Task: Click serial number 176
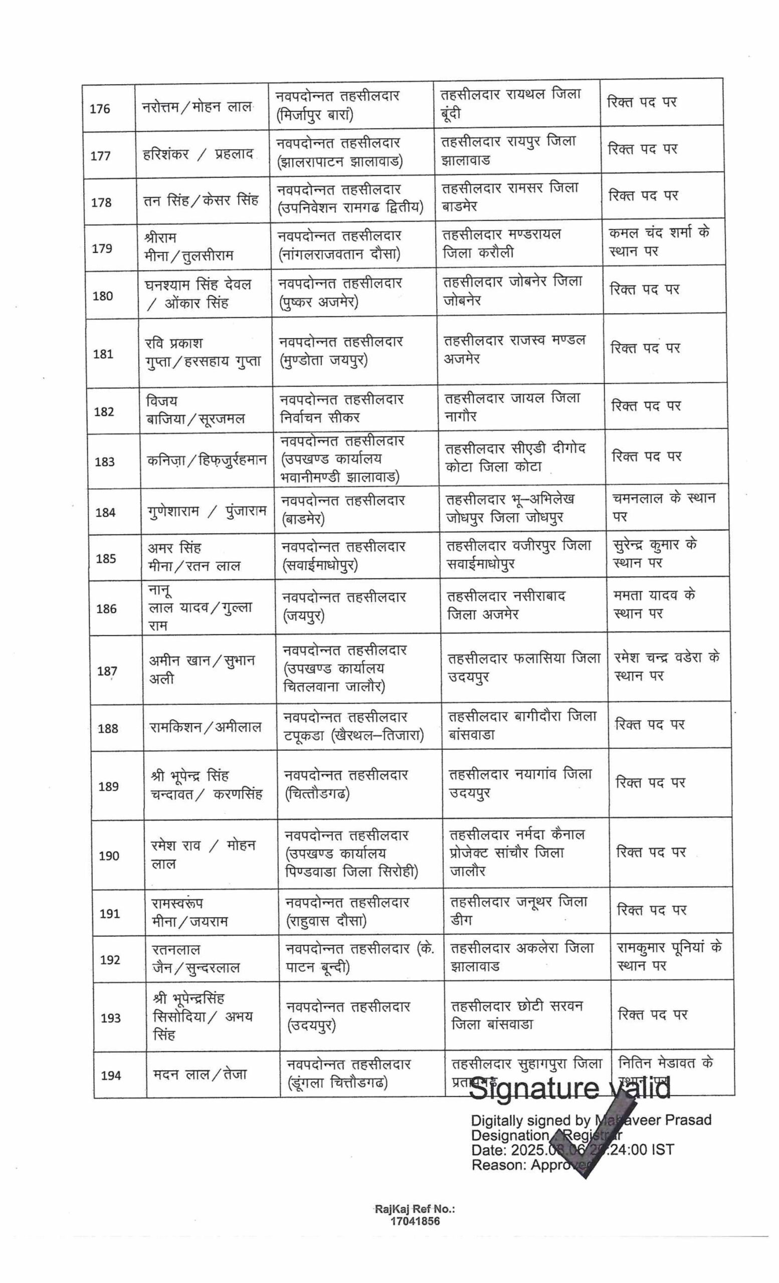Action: click(100, 109)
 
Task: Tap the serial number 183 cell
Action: click(105, 462)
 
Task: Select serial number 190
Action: click(109, 856)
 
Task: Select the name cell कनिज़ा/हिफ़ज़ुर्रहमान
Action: click(207, 460)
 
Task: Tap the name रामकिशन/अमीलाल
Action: click(205, 727)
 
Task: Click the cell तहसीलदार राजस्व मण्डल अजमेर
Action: click(514, 349)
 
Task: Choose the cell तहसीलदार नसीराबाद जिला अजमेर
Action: click(506, 605)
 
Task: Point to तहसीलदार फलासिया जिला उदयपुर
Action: click(524, 668)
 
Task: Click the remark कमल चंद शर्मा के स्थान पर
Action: click(659, 242)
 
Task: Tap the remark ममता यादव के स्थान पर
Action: click(654, 604)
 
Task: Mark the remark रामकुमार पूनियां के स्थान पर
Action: click(669, 957)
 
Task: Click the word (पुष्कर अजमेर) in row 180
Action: click(318, 302)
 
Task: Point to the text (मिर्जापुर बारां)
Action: click(314, 115)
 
